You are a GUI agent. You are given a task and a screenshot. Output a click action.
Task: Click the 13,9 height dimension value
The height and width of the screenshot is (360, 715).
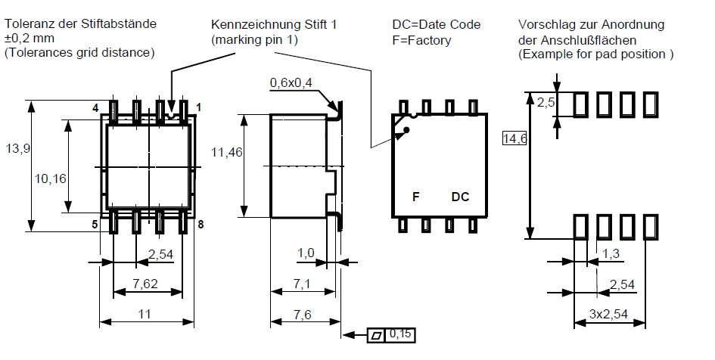click(x=17, y=149)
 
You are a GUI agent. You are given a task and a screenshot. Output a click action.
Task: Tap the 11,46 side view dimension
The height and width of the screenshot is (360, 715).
click(x=226, y=153)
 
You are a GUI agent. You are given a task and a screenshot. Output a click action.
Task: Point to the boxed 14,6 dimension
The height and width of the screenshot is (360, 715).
click(x=514, y=138)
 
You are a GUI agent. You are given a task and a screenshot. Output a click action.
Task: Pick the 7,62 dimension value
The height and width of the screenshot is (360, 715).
click(x=146, y=284)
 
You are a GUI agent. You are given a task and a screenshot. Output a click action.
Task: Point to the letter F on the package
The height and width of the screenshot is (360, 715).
click(x=415, y=197)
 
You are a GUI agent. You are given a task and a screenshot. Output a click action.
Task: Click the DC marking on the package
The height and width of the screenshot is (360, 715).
click(x=460, y=197)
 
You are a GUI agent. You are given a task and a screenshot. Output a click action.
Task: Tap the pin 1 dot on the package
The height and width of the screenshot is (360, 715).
click(x=407, y=131)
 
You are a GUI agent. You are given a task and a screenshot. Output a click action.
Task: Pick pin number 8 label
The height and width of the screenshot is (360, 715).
click(x=201, y=225)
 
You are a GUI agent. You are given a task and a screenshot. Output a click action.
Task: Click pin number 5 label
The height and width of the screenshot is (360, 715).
click(x=95, y=225)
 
